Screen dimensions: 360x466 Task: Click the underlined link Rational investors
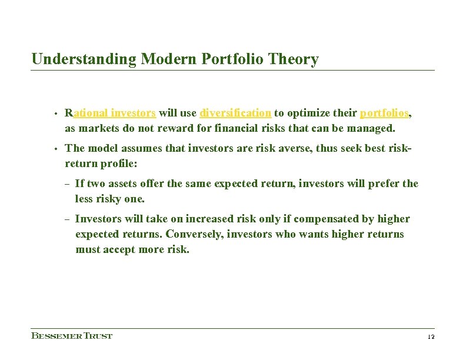110,113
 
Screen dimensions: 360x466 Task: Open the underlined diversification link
235,113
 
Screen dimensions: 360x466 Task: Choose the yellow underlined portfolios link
384,113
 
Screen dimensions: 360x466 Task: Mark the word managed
374,128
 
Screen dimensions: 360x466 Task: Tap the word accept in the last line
119,249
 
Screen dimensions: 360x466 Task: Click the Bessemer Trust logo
71,336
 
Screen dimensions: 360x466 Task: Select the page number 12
430,336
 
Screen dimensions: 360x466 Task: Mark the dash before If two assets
68,184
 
